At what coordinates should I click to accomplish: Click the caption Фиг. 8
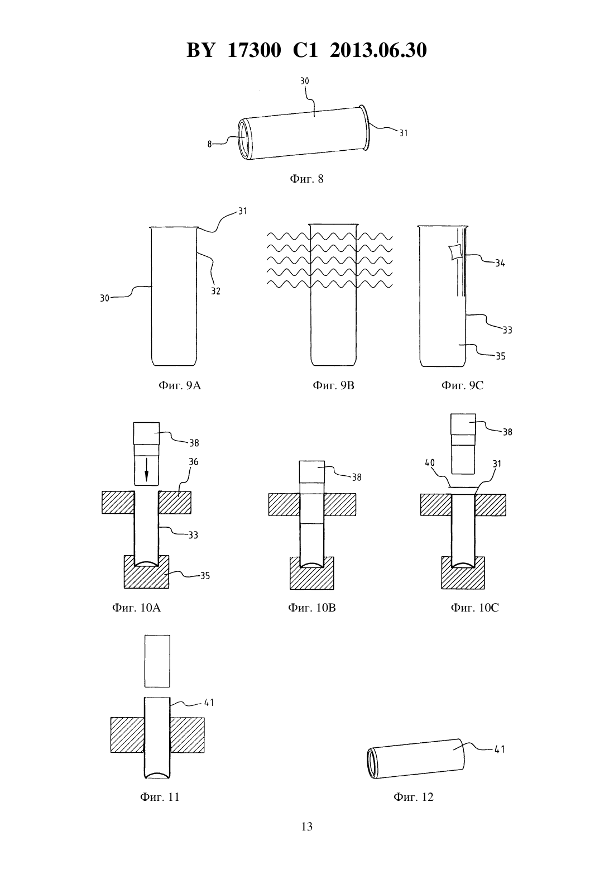click(x=306, y=179)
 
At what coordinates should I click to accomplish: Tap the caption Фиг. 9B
click(x=333, y=385)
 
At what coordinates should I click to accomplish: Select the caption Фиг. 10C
click(x=474, y=608)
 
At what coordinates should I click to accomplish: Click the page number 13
click(x=306, y=827)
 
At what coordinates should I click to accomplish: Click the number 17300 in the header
click(x=254, y=50)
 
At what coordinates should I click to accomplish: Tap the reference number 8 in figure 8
click(x=210, y=144)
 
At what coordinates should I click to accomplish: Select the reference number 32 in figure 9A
click(x=215, y=292)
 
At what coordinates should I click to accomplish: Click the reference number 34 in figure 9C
click(x=500, y=264)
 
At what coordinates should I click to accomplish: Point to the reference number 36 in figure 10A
click(x=193, y=462)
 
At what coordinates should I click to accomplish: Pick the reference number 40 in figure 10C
click(x=430, y=463)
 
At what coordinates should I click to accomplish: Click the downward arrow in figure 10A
click(x=146, y=470)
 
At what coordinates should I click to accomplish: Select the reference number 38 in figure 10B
click(x=356, y=478)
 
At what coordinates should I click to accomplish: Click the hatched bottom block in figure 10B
click(x=311, y=574)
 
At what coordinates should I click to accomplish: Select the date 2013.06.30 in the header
click(x=378, y=50)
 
